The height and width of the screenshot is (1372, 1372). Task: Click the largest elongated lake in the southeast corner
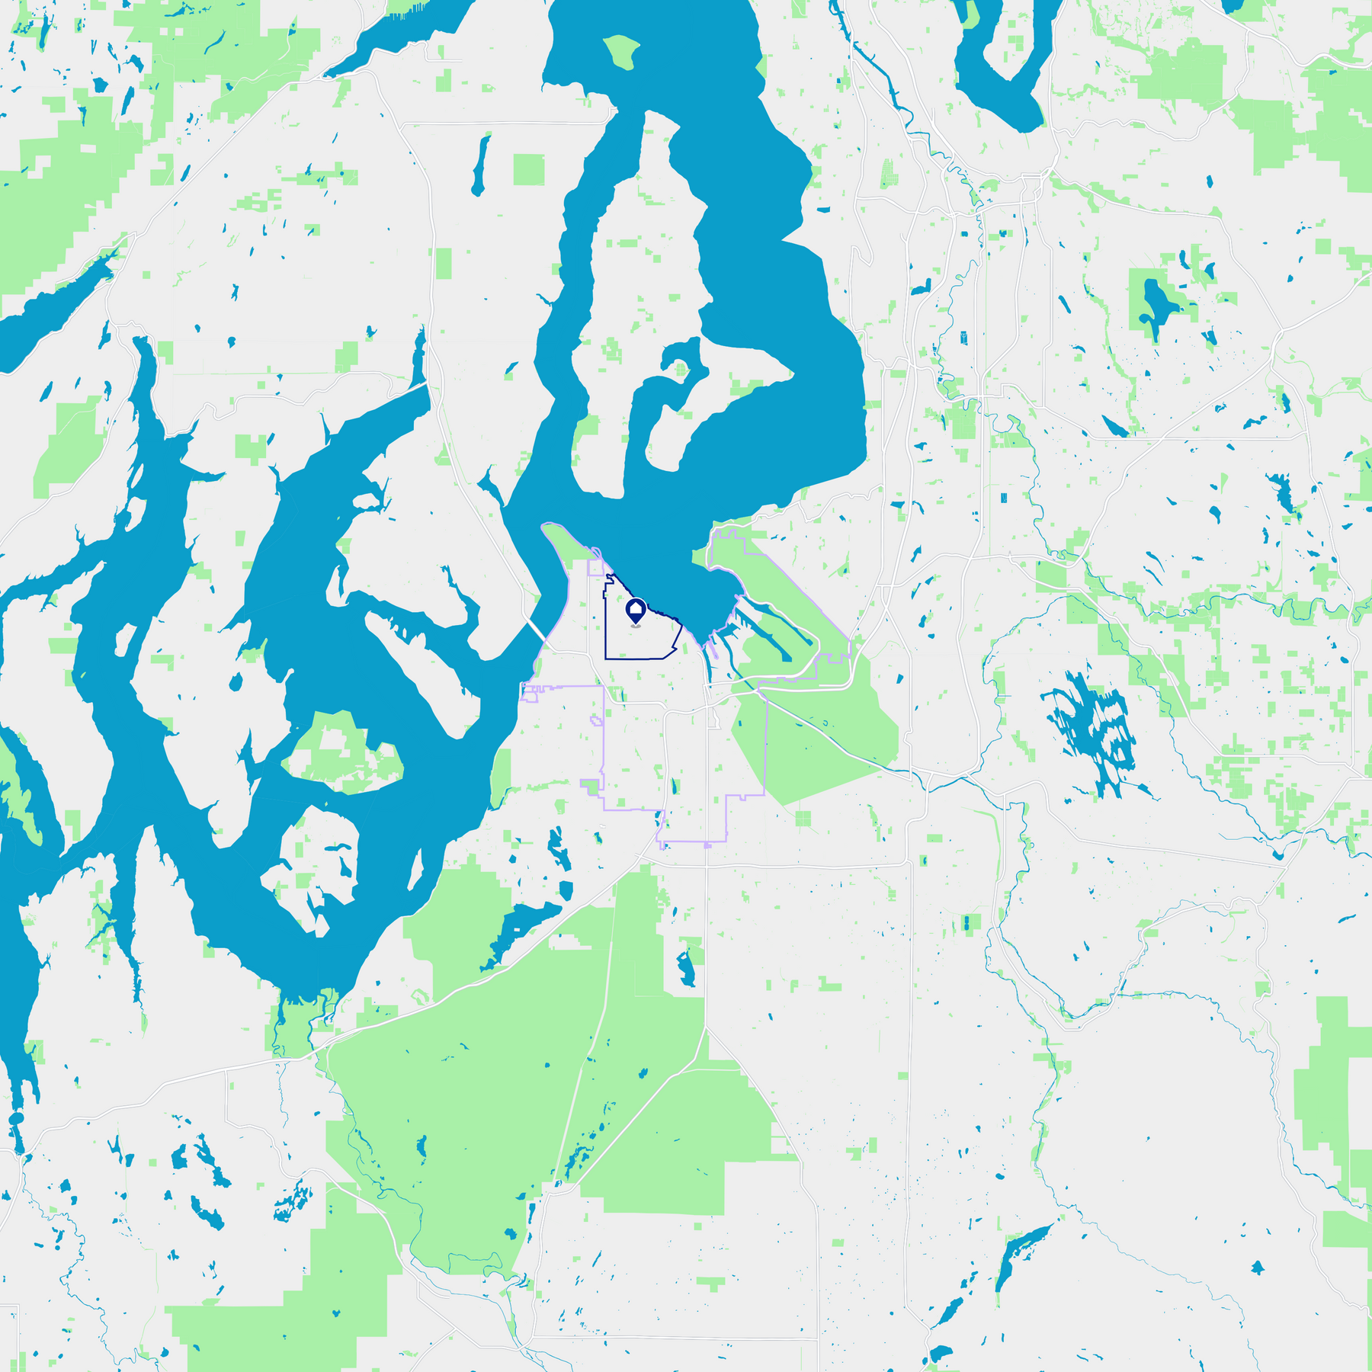click(x=1021, y=1250)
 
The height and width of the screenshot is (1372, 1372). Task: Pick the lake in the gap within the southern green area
click(x=686, y=968)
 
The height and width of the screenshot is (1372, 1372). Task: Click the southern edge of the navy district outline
click(x=633, y=658)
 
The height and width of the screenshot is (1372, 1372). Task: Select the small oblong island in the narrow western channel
click(x=122, y=640)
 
